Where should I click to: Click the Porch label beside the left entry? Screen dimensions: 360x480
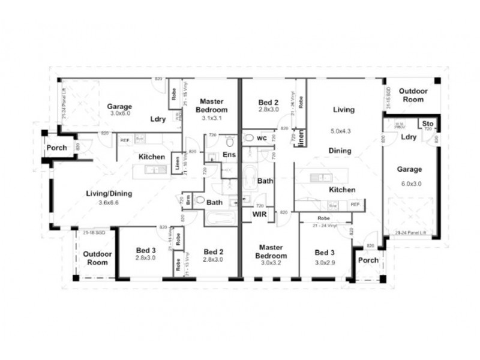tap(56, 148)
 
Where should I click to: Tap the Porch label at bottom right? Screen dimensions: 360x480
tap(368, 260)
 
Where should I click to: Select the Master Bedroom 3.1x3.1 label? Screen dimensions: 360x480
tap(213, 106)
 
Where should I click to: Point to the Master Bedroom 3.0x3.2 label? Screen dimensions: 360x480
tap(271, 251)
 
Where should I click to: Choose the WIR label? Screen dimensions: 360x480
tap(260, 213)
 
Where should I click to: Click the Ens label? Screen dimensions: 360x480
tap(230, 155)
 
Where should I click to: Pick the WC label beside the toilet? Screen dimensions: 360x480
tap(262, 138)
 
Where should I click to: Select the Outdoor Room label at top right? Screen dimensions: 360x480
tap(413, 95)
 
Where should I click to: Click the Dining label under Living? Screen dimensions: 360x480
tap(339, 151)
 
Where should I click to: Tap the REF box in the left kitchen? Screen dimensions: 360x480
tap(125, 140)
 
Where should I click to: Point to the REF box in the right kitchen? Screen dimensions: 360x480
tap(355, 205)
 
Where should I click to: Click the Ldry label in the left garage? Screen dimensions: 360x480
tap(158, 119)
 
